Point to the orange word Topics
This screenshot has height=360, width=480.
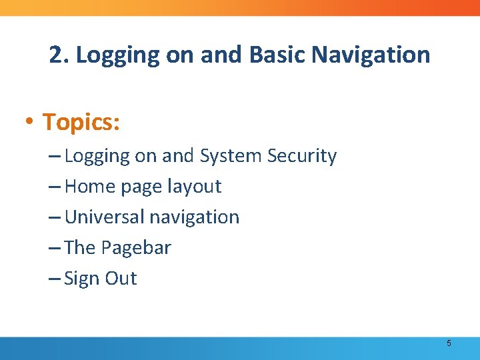(81, 122)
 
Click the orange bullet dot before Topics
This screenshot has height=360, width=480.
(29, 123)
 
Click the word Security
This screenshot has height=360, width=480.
(302, 156)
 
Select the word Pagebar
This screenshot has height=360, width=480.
(136, 248)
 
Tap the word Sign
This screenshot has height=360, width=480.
(79, 279)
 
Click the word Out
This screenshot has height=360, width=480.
(120, 279)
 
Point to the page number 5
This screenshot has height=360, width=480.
(449, 343)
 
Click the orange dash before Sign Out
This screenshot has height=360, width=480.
(55, 279)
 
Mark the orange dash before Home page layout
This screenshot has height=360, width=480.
(55, 187)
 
